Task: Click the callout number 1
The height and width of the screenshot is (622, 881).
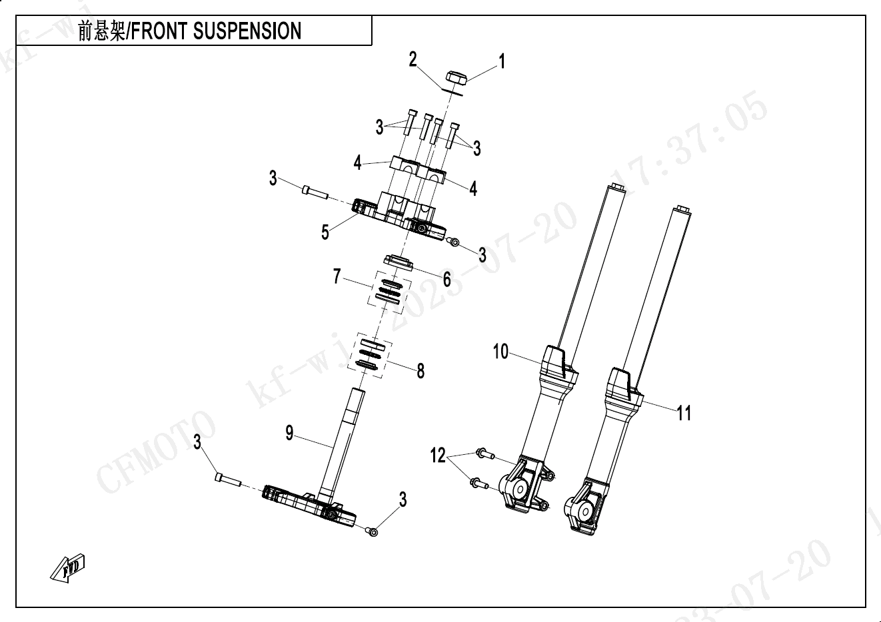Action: [501, 61]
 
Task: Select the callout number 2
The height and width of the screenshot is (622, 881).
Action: [413, 59]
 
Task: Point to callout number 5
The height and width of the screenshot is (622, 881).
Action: [325, 232]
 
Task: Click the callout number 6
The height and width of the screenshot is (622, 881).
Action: [446, 280]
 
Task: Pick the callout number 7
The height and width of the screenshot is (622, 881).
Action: [337, 276]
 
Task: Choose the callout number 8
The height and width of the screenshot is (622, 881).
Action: [421, 370]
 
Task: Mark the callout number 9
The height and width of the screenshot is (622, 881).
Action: [289, 433]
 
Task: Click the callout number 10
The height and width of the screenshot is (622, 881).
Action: [500, 351]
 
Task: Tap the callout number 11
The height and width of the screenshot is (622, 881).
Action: [684, 413]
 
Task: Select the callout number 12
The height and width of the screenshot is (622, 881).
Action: [438, 456]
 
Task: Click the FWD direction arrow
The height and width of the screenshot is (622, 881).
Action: [68, 568]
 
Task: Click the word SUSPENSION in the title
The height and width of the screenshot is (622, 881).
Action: [247, 31]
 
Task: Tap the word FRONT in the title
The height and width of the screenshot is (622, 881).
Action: [159, 31]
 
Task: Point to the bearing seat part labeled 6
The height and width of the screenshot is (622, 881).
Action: [398, 262]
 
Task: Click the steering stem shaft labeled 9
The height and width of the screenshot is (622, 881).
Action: [341, 444]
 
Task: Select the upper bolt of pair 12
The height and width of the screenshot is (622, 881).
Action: [485, 454]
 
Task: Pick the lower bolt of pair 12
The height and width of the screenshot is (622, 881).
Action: [479, 483]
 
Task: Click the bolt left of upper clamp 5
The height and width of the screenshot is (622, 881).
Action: [315, 193]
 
